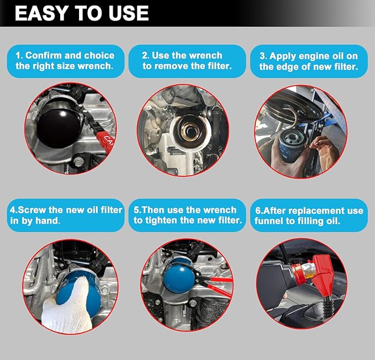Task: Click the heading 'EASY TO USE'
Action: click(82, 13)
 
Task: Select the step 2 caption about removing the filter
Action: click(187, 61)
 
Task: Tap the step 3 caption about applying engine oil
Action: click(309, 61)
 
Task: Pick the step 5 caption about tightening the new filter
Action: click(187, 215)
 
